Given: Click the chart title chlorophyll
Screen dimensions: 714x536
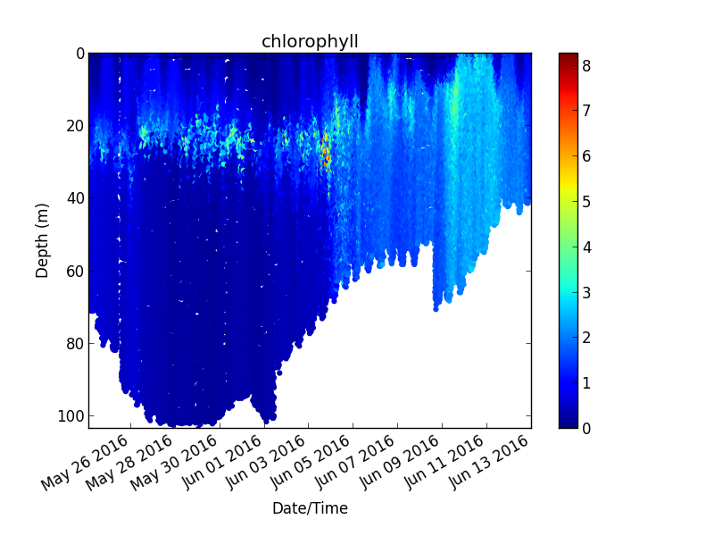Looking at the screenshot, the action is (x=310, y=42).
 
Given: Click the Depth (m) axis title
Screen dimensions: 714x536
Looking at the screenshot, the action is (x=42, y=240).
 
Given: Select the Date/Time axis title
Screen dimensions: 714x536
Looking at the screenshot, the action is (x=310, y=507).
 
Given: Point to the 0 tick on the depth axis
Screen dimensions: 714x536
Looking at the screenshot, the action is (x=80, y=54).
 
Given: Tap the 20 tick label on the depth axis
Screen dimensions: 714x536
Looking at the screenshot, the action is (x=76, y=126).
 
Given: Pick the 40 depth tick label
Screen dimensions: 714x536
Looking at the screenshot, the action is (x=76, y=198).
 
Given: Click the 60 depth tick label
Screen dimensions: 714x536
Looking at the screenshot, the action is (x=76, y=272).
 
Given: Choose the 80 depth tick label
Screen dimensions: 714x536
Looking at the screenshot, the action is (x=76, y=344).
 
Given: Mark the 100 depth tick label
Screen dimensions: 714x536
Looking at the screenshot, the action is (x=71, y=416).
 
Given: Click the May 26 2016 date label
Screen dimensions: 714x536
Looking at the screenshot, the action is (x=85, y=462).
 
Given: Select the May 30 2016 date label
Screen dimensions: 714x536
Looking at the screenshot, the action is (x=174, y=462).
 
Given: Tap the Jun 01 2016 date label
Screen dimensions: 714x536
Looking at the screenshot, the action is (x=221, y=462).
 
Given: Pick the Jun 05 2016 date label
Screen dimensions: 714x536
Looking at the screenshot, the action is (x=311, y=462).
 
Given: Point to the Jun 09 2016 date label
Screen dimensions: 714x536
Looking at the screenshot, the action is (x=400, y=462).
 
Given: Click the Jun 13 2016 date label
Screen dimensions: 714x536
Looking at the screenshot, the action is (x=489, y=462).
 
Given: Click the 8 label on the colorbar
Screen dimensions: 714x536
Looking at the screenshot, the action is (x=586, y=66).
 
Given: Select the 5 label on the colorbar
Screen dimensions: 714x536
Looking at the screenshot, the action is (x=586, y=202).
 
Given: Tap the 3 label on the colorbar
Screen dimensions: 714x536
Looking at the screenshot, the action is (x=586, y=293).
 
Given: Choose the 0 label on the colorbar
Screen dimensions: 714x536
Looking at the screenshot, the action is (x=586, y=429).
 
